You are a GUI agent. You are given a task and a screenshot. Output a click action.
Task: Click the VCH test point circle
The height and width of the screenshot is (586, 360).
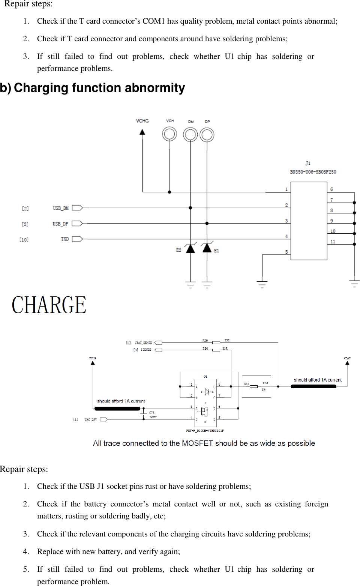(169, 134)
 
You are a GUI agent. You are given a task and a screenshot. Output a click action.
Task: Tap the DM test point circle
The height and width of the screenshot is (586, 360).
(190, 134)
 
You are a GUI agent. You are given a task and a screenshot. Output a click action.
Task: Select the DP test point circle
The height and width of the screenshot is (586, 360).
(207, 135)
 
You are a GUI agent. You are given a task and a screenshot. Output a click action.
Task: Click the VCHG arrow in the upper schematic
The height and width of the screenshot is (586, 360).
(142, 132)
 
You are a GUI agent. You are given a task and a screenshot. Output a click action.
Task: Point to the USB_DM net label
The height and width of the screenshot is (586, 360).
(60, 208)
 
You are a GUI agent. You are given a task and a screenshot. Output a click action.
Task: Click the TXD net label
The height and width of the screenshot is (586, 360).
(65, 239)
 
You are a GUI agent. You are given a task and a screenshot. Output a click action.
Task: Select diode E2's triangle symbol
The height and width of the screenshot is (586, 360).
(190, 248)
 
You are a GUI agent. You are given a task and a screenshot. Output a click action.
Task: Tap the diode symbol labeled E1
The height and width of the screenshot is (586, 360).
(207, 248)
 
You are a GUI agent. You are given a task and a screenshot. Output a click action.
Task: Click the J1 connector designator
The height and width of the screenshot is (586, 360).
(308, 164)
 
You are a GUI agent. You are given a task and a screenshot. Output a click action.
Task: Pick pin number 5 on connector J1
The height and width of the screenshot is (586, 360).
(286, 252)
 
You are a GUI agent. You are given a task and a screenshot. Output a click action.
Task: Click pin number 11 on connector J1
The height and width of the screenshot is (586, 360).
(333, 242)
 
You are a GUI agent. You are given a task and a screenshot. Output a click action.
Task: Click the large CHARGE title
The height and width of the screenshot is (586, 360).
(49, 305)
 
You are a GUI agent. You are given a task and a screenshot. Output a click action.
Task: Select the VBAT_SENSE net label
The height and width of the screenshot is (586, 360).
(143, 343)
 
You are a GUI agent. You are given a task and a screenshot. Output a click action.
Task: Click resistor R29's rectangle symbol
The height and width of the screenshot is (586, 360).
(216, 343)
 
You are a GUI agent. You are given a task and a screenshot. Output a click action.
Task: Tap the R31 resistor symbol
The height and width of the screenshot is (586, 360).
(253, 386)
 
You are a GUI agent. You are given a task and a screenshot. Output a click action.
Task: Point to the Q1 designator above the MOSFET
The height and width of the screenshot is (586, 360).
(205, 377)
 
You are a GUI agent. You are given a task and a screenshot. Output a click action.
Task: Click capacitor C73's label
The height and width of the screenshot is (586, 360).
(152, 413)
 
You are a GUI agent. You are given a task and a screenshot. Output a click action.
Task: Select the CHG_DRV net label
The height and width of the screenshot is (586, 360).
(91, 419)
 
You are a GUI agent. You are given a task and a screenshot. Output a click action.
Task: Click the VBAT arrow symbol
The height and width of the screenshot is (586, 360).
(347, 363)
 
